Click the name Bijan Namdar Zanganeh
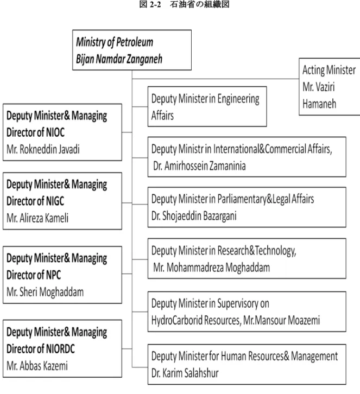coord(119,59)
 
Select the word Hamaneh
coord(319,104)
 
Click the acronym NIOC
coord(55,132)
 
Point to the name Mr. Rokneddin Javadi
coord(43,149)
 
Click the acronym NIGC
coord(55,201)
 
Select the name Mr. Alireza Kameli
coord(37,218)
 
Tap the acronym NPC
coord(53,275)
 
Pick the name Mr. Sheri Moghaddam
coord(45,292)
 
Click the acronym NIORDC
coord(60,349)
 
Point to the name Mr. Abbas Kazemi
coord(37,366)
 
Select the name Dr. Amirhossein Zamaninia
coord(199,166)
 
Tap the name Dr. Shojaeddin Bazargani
coord(194,216)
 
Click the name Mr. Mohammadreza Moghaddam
coord(211,268)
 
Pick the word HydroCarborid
coord(176,320)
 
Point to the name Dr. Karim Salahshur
coord(185,373)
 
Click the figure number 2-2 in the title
coord(155,4)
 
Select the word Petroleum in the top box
coord(135,42)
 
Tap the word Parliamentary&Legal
coord(254,199)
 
